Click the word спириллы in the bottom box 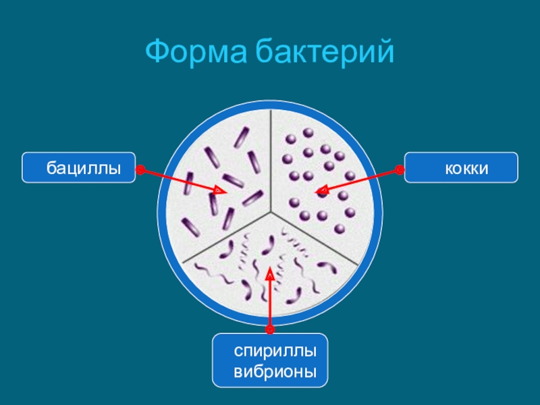(275, 352)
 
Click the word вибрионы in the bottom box (275, 372)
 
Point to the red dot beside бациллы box (140, 170)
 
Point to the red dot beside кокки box (399, 170)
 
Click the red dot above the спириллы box (270, 329)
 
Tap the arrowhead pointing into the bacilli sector (220, 191)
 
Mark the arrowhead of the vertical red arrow (270, 272)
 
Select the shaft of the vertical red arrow (270, 304)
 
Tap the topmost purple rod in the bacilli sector (240, 138)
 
